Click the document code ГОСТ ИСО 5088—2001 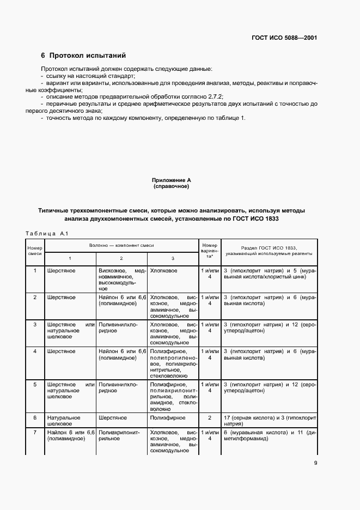284,38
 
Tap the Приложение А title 171,180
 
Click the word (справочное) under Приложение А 171,186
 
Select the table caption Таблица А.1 46,234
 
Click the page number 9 316,464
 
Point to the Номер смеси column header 35,251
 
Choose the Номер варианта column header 210,251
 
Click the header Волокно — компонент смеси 121,246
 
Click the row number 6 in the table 35,418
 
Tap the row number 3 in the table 35,324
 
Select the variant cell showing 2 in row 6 210,418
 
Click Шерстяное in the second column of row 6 113,418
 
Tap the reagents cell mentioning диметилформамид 269,436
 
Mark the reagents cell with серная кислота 269,421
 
